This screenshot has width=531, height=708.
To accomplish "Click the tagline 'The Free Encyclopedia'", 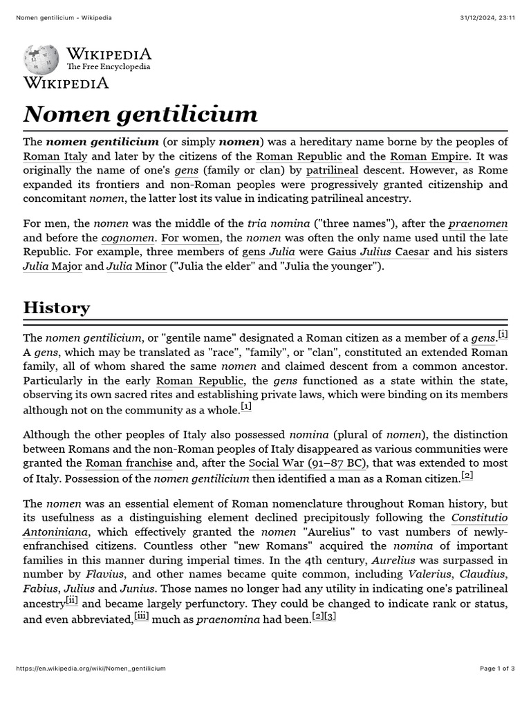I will click(108, 67).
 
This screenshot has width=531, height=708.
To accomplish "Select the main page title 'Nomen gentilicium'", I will click(140, 113).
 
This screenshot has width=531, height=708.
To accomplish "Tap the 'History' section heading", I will click(57, 307).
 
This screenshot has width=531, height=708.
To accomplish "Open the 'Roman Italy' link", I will click(55, 156).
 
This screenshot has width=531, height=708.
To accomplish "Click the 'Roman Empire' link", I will click(430, 156).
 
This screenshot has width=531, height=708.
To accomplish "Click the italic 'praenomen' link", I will click(478, 223).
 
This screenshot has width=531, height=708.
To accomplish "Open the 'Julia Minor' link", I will click(136, 265).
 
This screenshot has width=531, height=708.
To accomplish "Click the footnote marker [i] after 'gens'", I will click(503, 335).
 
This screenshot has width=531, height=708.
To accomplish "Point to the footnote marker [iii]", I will click(141, 616).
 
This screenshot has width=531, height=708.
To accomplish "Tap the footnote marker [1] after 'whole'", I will click(246, 407).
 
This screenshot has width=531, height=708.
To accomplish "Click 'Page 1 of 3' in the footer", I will click(497, 669).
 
